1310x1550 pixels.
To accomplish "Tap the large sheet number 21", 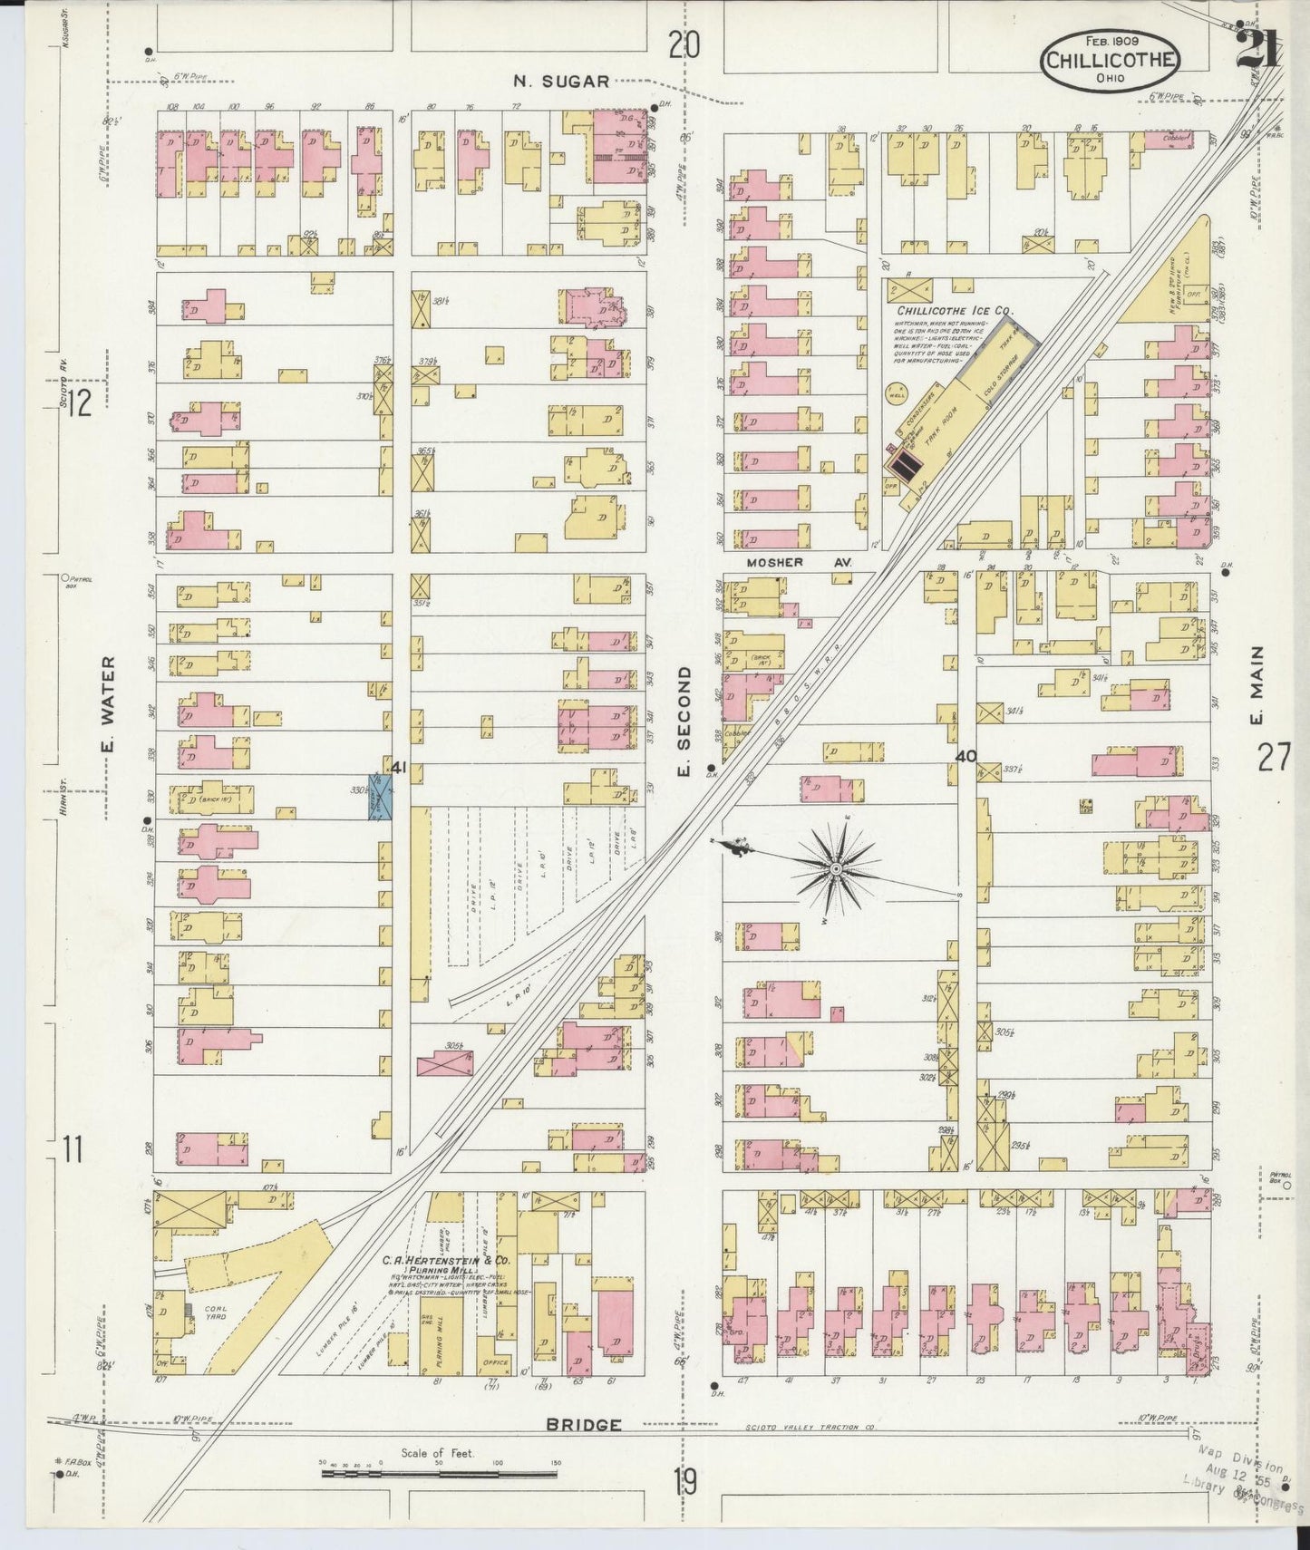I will point(1257,47).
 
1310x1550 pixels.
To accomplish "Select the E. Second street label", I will point(684,722).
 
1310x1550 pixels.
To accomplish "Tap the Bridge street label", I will point(583,1425).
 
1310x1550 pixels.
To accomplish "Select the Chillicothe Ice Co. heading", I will point(949,310).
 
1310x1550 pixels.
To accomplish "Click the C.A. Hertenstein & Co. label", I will point(445,1261).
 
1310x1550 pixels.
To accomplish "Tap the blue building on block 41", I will point(381,797).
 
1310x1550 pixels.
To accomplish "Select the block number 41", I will point(399,768).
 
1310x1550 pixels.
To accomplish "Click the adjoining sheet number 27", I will point(1273,756).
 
